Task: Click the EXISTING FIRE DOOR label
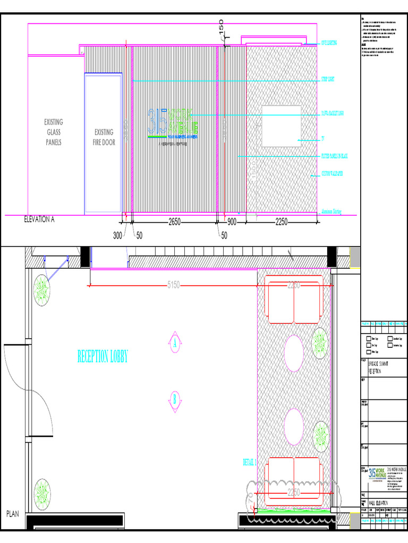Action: point(104,137)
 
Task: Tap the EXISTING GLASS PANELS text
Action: point(54,132)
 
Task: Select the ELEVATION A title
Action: point(40,218)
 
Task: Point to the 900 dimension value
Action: point(232,222)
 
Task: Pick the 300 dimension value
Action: point(117,235)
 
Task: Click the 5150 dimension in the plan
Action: point(173,285)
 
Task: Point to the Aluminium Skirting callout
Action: point(332,211)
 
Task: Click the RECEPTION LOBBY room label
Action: point(103,357)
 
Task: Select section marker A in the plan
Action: point(174,344)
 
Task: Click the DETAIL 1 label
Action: point(250,462)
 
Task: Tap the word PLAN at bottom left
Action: point(13,514)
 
